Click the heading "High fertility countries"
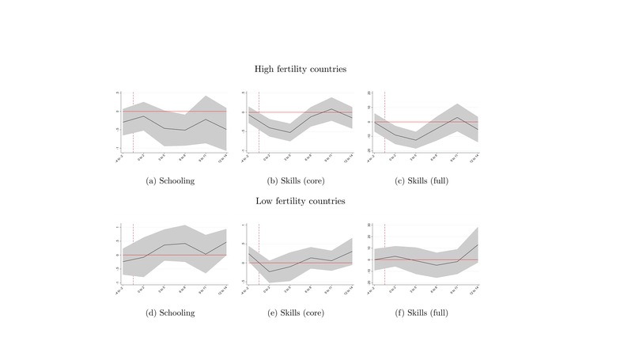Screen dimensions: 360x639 pos(300,69)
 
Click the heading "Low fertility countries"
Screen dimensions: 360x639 pos(300,201)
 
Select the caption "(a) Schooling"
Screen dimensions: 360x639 pos(171,180)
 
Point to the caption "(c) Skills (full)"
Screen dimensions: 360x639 pos(423,180)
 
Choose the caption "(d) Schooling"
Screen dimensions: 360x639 pos(171,313)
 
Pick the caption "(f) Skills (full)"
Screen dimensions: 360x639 pos(423,313)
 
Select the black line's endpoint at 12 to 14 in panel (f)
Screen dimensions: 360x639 pos(478,244)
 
